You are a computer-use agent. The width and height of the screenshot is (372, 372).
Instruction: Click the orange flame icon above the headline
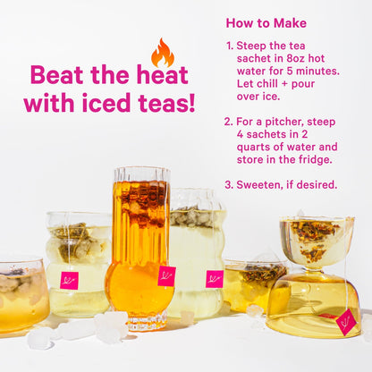click(x=162, y=54)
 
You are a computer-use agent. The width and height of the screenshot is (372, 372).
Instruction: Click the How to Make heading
click(x=266, y=23)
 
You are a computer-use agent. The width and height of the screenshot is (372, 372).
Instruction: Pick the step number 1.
click(x=229, y=46)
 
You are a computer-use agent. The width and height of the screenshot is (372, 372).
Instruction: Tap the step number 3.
click(x=229, y=185)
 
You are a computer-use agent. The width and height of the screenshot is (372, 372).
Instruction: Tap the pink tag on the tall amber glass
click(x=166, y=275)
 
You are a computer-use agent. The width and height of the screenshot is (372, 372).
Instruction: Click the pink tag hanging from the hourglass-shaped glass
click(x=345, y=321)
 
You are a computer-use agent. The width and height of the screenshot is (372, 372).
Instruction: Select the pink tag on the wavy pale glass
click(x=214, y=279)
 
